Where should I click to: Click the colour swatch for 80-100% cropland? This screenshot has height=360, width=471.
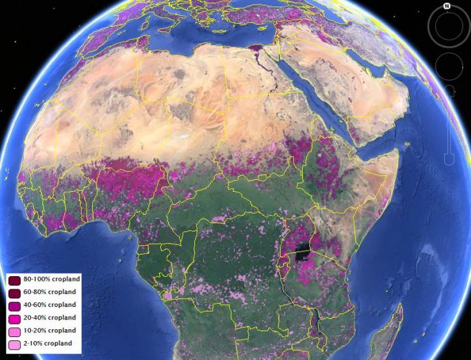click(14, 279)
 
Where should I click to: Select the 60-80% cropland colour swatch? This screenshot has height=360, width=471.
click(14, 292)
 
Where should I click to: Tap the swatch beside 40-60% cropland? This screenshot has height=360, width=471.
click(14, 305)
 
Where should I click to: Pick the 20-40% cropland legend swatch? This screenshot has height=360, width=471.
click(14, 318)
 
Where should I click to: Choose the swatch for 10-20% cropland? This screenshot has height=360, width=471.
click(14, 331)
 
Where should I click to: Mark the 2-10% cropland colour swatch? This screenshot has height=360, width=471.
click(14, 344)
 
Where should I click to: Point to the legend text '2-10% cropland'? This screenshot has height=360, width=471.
click(48, 344)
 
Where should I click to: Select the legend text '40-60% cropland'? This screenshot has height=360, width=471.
click(50, 305)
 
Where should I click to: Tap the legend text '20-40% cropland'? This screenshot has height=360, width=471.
click(50, 318)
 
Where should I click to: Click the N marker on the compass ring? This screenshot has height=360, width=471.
click(446, 6)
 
